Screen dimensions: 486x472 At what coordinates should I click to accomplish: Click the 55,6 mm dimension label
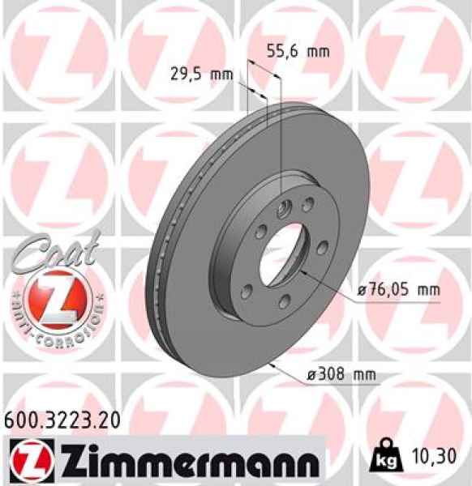pos(298,52)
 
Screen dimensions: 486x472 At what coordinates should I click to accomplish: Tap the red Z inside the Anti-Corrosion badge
pos(54,300)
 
